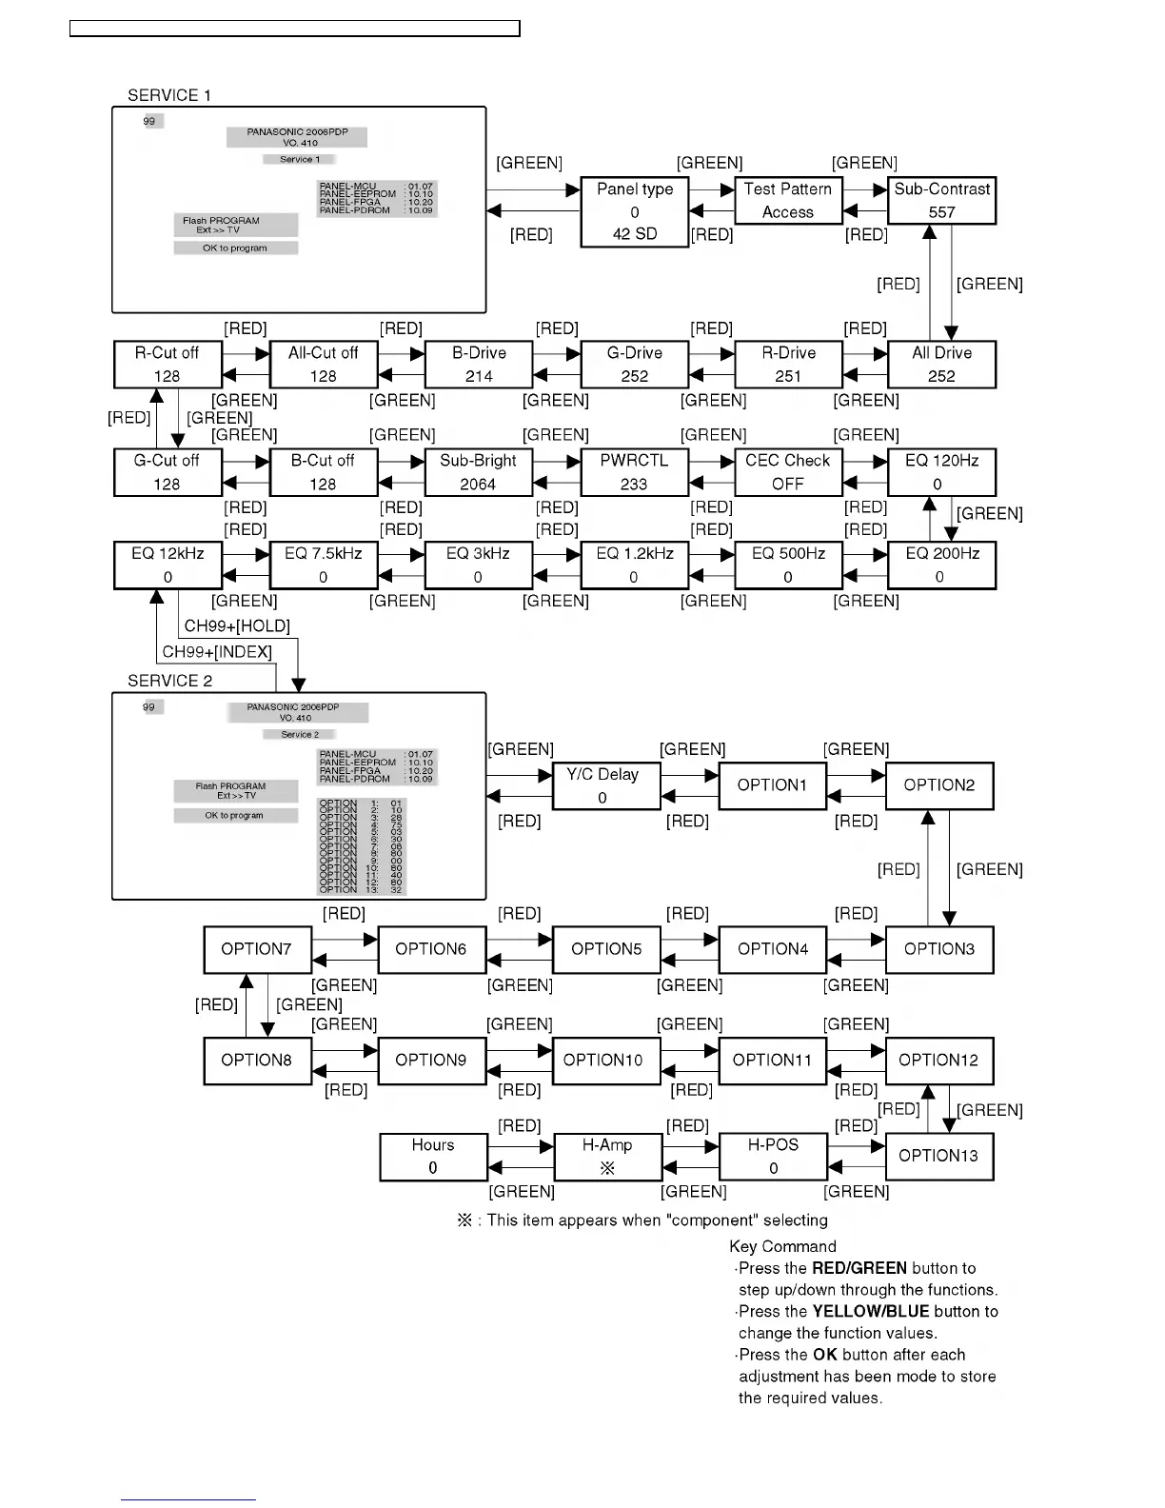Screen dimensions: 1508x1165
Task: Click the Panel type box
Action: [634, 212]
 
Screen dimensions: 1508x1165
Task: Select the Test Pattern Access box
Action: [788, 201]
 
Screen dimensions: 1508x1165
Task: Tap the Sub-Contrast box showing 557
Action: [941, 201]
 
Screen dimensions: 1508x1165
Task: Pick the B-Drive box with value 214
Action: [479, 365]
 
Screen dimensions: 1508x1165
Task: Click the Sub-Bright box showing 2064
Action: [478, 472]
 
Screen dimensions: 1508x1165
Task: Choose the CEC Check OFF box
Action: [788, 472]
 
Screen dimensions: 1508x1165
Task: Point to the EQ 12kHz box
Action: [168, 565]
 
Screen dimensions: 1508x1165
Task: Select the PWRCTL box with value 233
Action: [634, 472]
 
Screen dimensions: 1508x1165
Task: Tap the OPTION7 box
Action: [257, 949]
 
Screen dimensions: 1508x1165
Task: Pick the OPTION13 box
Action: [938, 1156]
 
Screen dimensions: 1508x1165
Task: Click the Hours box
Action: [433, 1157]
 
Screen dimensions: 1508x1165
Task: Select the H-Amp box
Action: [607, 1157]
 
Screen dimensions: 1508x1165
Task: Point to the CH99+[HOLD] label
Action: [237, 625]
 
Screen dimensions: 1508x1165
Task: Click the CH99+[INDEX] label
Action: [217, 652]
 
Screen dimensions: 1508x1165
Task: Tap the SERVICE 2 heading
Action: [170, 681]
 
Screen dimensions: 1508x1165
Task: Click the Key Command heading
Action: [782, 1246]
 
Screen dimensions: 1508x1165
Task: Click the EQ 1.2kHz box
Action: [634, 565]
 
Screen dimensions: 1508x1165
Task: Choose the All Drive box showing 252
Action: [941, 365]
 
